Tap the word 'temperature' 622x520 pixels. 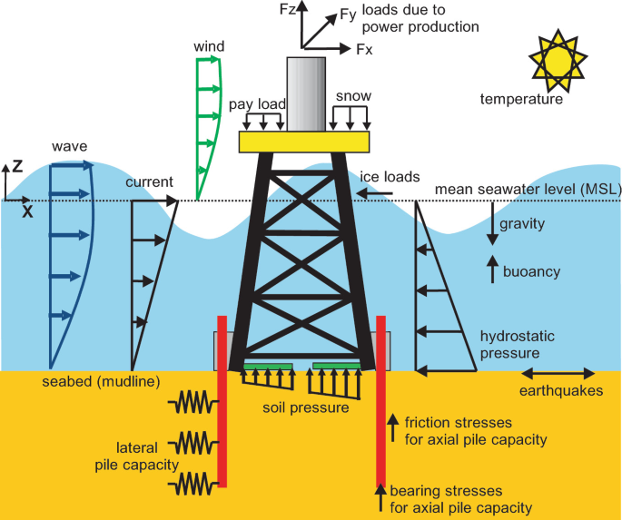pyautogui.click(x=521, y=100)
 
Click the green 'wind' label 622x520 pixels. pyautogui.click(x=209, y=45)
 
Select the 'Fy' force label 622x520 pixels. pyautogui.click(x=348, y=14)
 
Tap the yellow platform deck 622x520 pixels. pyautogui.click(x=304, y=142)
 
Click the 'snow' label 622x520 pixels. pyautogui.click(x=352, y=95)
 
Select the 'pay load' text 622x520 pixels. pyautogui.click(x=257, y=104)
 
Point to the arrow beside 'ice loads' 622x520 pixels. pyautogui.click(x=373, y=192)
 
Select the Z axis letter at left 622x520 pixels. pyautogui.click(x=8, y=167)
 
